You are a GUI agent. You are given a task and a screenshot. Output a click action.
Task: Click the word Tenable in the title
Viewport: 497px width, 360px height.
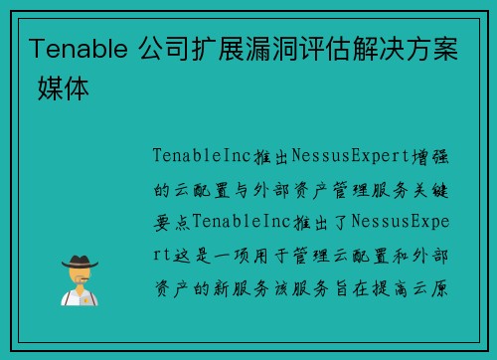[73, 47]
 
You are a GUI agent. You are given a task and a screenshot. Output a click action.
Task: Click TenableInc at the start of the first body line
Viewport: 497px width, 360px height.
[196, 156]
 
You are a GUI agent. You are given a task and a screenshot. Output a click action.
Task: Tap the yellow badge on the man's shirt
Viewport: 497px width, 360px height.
[85, 297]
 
